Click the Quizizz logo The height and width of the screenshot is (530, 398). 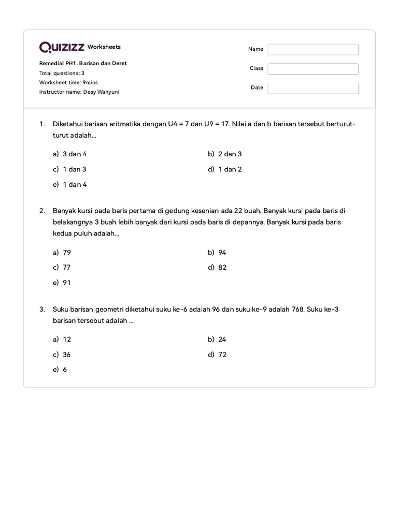pyautogui.click(x=62, y=47)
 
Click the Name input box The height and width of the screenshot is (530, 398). pyautogui.click(x=313, y=49)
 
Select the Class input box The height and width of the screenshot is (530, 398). pyautogui.click(x=313, y=68)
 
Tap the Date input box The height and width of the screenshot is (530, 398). pyautogui.click(x=313, y=88)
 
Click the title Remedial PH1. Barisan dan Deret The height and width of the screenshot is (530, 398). pyautogui.click(x=83, y=63)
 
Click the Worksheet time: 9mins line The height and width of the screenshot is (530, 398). pyautogui.click(x=68, y=82)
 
